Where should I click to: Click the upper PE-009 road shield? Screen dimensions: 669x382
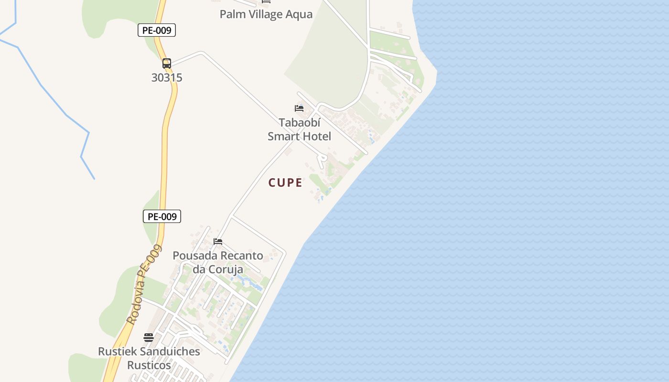(x=157, y=30)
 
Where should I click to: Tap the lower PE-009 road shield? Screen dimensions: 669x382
(x=162, y=216)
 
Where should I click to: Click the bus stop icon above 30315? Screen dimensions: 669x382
(x=166, y=63)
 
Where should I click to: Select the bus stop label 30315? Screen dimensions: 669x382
(x=167, y=77)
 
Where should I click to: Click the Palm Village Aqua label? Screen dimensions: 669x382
(x=266, y=14)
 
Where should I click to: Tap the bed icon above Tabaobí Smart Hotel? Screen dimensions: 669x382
(x=299, y=108)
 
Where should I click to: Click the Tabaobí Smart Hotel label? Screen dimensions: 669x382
(x=299, y=129)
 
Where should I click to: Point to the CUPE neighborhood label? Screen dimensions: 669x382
(x=285, y=182)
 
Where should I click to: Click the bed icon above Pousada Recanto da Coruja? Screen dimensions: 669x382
(x=218, y=241)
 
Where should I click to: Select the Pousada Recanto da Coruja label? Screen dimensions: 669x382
(x=218, y=262)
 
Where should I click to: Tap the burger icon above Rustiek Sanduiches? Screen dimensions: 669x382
(x=149, y=338)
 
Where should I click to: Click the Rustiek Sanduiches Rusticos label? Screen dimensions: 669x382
(x=149, y=358)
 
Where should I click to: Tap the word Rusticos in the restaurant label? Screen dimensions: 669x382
(x=149, y=365)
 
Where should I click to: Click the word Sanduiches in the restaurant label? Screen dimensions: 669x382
(x=169, y=351)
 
